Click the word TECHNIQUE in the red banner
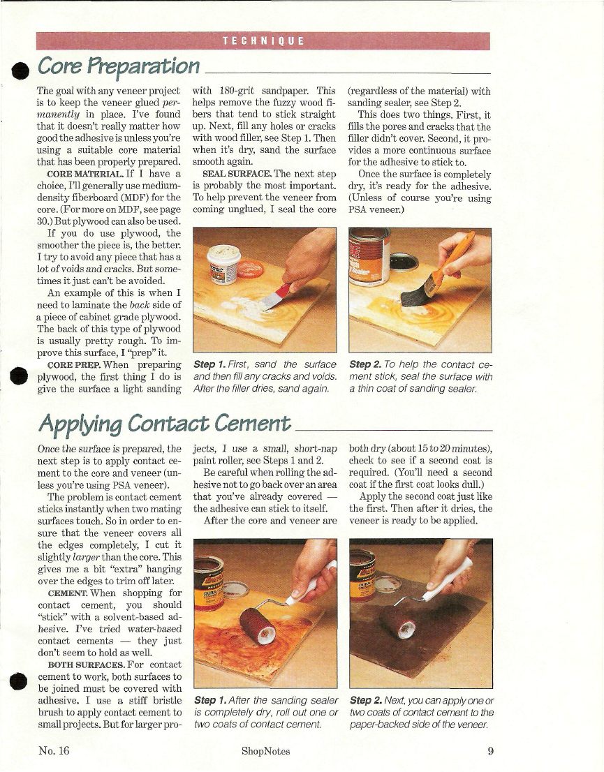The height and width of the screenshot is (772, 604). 263,41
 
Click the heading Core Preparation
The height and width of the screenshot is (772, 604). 119,66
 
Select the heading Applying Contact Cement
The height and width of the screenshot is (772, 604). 165,424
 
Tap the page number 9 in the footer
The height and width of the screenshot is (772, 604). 490,751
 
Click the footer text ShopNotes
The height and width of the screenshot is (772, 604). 265,751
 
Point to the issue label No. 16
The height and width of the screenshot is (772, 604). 54,751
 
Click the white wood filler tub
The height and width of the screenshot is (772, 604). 223,263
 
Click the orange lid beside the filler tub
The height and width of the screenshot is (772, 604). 251,269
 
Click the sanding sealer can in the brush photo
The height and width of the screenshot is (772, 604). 369,256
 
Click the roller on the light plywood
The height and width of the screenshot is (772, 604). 258,625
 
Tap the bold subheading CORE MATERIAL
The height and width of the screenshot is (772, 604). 85,174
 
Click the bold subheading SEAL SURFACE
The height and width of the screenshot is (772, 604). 237,174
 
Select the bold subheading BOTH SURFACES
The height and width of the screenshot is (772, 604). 86,665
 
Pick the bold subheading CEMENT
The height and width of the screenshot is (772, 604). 68,593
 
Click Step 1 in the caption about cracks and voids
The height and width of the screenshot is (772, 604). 209,364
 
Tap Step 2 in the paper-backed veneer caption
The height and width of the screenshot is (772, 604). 366,700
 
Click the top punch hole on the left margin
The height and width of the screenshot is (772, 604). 20,71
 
